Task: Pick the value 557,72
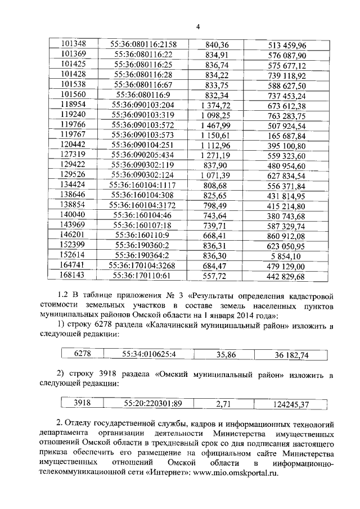click(x=215, y=276)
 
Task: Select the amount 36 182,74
click(x=291, y=355)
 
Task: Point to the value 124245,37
click(x=291, y=403)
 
